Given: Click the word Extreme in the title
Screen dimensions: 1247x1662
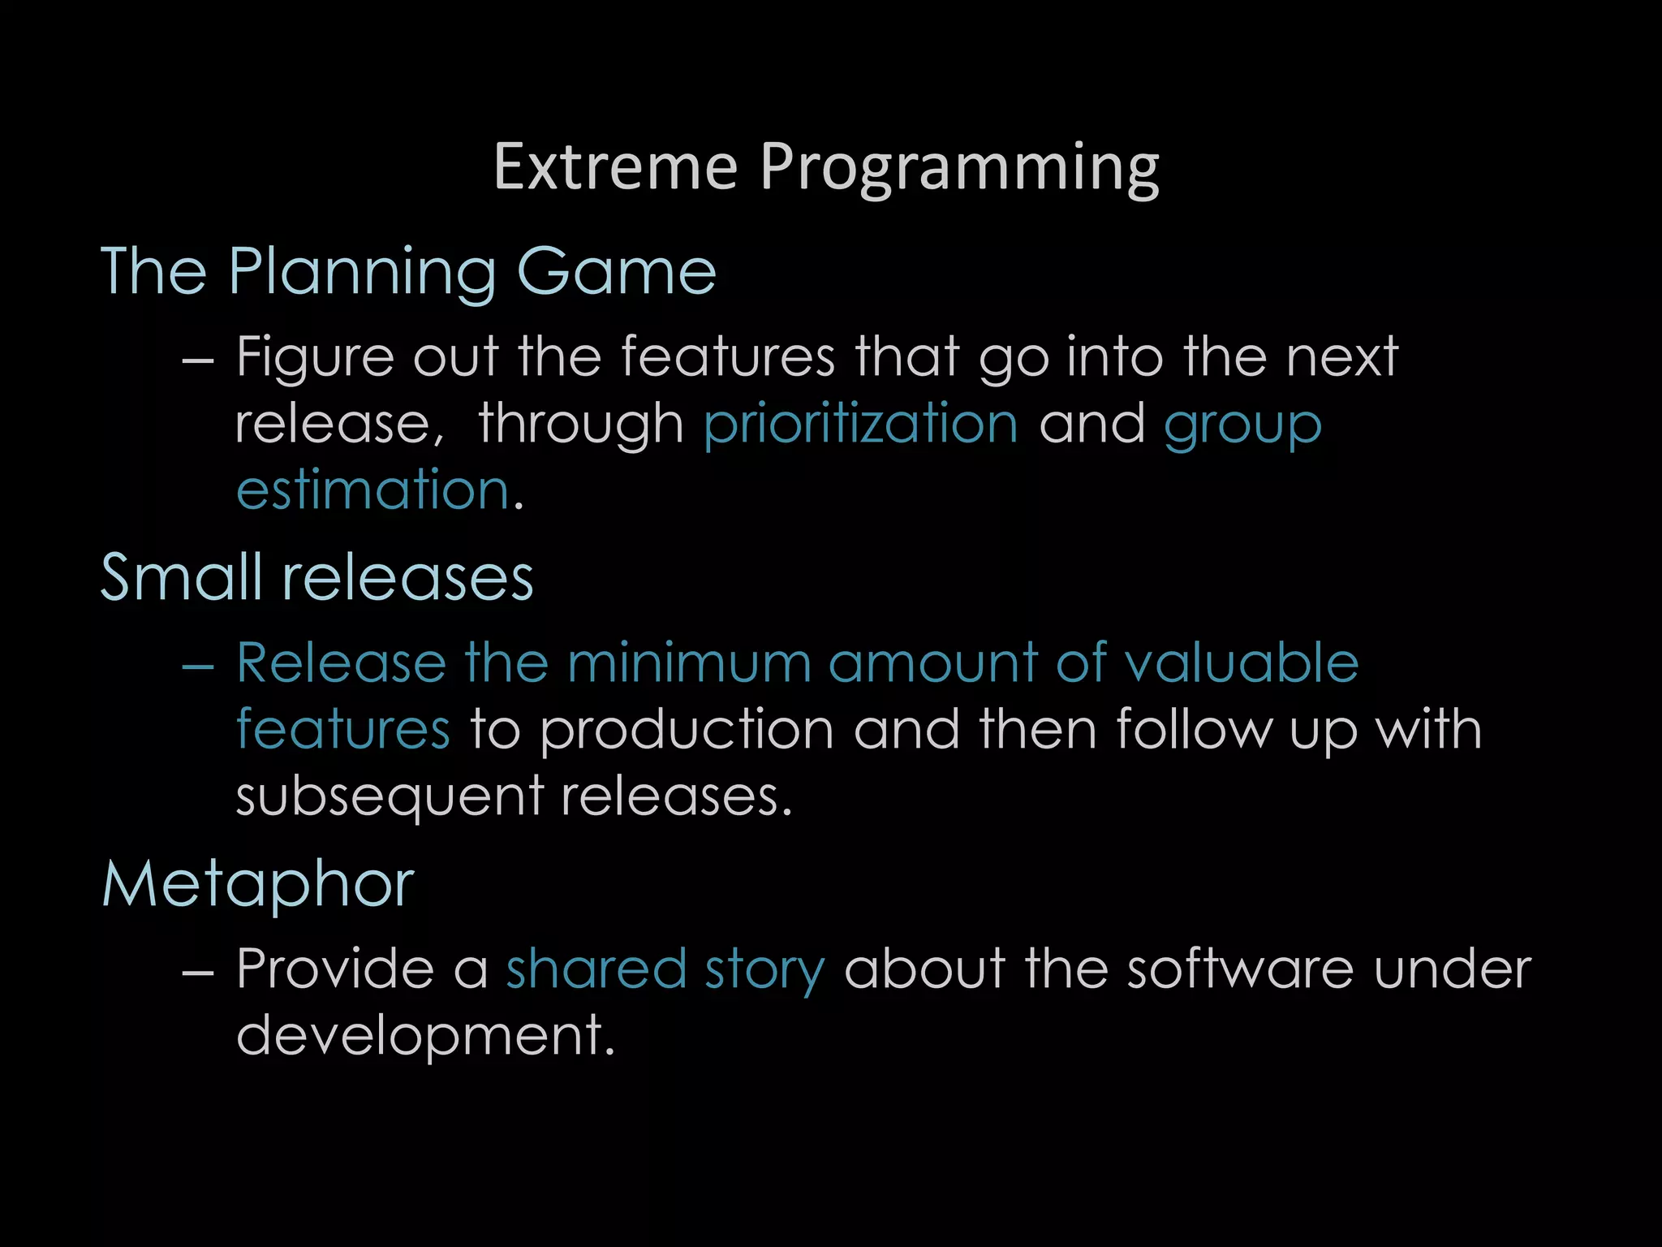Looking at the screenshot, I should (x=615, y=167).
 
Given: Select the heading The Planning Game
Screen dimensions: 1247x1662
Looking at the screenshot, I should (x=408, y=272).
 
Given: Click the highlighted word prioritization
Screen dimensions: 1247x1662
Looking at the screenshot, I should (x=860, y=425).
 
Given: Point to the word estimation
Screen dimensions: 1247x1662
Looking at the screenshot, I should (x=372, y=490).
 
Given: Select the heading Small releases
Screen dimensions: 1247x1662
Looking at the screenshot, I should (x=316, y=577).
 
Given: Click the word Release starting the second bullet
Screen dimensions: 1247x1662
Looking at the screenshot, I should (x=341, y=662).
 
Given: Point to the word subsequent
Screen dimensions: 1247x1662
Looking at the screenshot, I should (x=389, y=796).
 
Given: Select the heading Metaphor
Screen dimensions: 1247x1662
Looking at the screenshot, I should (x=258, y=884).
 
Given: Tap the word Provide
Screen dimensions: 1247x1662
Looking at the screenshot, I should (x=335, y=969).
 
